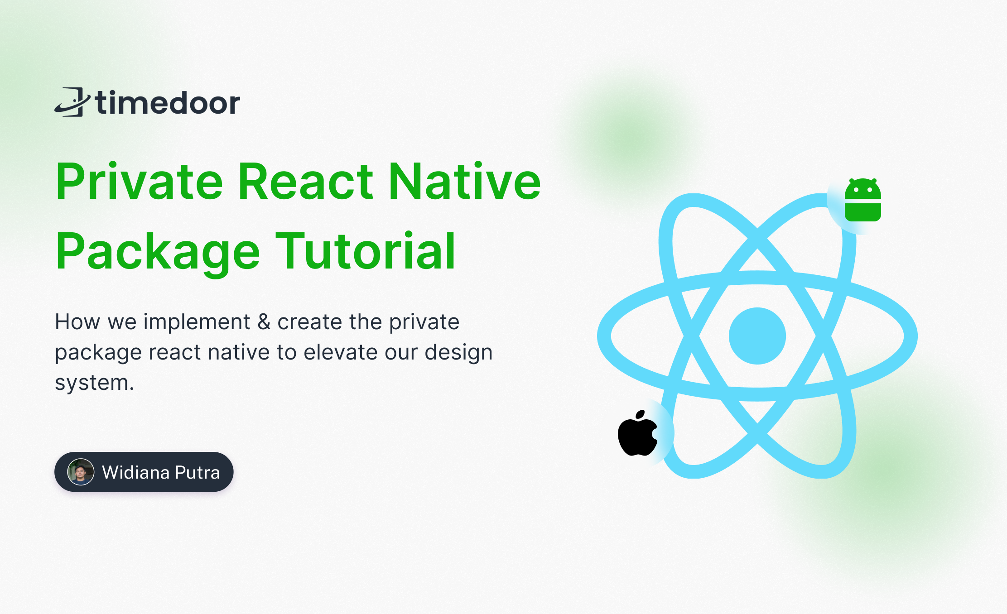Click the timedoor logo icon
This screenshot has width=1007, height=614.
(x=72, y=102)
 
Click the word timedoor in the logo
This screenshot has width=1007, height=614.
(x=168, y=102)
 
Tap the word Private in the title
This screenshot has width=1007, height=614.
(x=139, y=182)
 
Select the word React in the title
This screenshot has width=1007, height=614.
(x=306, y=182)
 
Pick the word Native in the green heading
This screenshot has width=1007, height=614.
(x=465, y=182)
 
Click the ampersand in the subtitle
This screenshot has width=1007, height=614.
(x=264, y=322)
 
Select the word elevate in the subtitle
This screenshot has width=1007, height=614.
(x=341, y=352)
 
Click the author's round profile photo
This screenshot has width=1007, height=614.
(x=81, y=472)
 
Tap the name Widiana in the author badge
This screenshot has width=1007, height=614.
(x=135, y=472)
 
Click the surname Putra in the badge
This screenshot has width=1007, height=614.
(x=197, y=472)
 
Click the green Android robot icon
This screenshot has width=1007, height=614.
(x=863, y=200)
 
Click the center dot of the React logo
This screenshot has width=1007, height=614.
(x=757, y=336)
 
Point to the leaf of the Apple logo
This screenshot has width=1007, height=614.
(x=641, y=415)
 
